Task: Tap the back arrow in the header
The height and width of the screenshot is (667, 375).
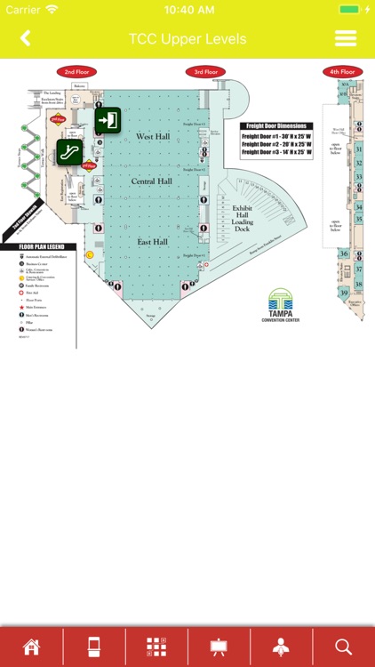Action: (25, 38)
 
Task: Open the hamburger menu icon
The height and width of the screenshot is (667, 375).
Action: (345, 38)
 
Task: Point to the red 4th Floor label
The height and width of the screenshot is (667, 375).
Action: (341, 71)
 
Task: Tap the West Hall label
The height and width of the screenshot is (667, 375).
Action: (152, 136)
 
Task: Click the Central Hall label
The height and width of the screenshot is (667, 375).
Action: (151, 181)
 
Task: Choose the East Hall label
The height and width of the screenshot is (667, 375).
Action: (152, 241)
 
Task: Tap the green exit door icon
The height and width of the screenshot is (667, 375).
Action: (108, 120)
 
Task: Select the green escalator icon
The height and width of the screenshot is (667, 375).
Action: (70, 152)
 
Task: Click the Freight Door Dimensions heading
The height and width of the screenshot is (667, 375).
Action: (276, 126)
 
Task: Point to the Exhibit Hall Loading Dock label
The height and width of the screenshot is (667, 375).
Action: (243, 219)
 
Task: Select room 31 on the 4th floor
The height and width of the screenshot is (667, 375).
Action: (358, 149)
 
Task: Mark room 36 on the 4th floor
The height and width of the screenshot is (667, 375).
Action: (344, 253)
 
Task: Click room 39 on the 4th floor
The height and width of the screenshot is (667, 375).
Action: (344, 293)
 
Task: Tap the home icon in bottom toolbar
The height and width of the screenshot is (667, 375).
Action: (31, 647)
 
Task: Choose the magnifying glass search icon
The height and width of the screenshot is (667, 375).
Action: (343, 647)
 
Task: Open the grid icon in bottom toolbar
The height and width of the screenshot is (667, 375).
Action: (156, 647)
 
